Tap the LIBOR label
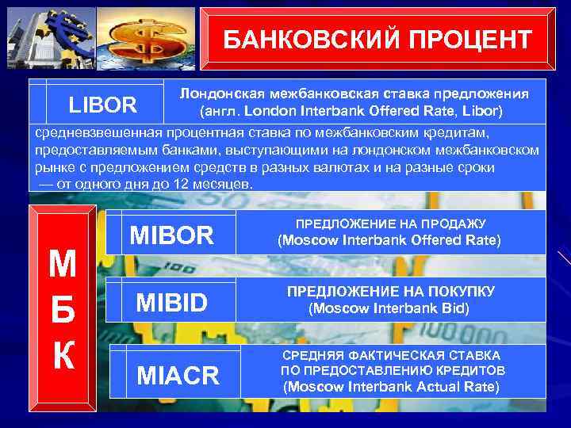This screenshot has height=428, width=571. pos(103,105)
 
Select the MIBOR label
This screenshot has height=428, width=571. pos(172,235)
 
